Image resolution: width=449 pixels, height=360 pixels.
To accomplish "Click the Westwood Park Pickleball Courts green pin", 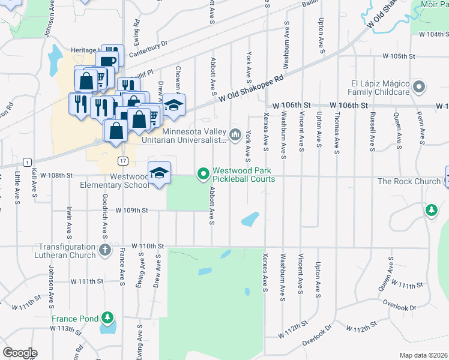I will [203, 175].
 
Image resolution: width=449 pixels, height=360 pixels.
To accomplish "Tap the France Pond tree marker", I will [107, 317].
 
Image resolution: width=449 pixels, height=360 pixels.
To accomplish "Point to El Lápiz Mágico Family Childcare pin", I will [419, 87].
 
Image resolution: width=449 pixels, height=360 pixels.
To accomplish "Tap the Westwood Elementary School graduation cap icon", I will [159, 173].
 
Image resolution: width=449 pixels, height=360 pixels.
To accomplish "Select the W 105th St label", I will [401, 56].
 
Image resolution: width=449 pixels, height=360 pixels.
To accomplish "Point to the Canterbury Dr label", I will [146, 46].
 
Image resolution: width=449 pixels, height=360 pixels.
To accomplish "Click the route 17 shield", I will [122, 161].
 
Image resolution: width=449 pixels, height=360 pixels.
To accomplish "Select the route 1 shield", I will [27, 162].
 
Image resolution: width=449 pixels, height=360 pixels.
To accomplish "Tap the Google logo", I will [19, 353].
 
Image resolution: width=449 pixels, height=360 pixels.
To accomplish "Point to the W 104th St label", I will [431, 35].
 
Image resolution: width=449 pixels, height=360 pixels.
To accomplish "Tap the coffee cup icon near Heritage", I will [109, 60].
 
